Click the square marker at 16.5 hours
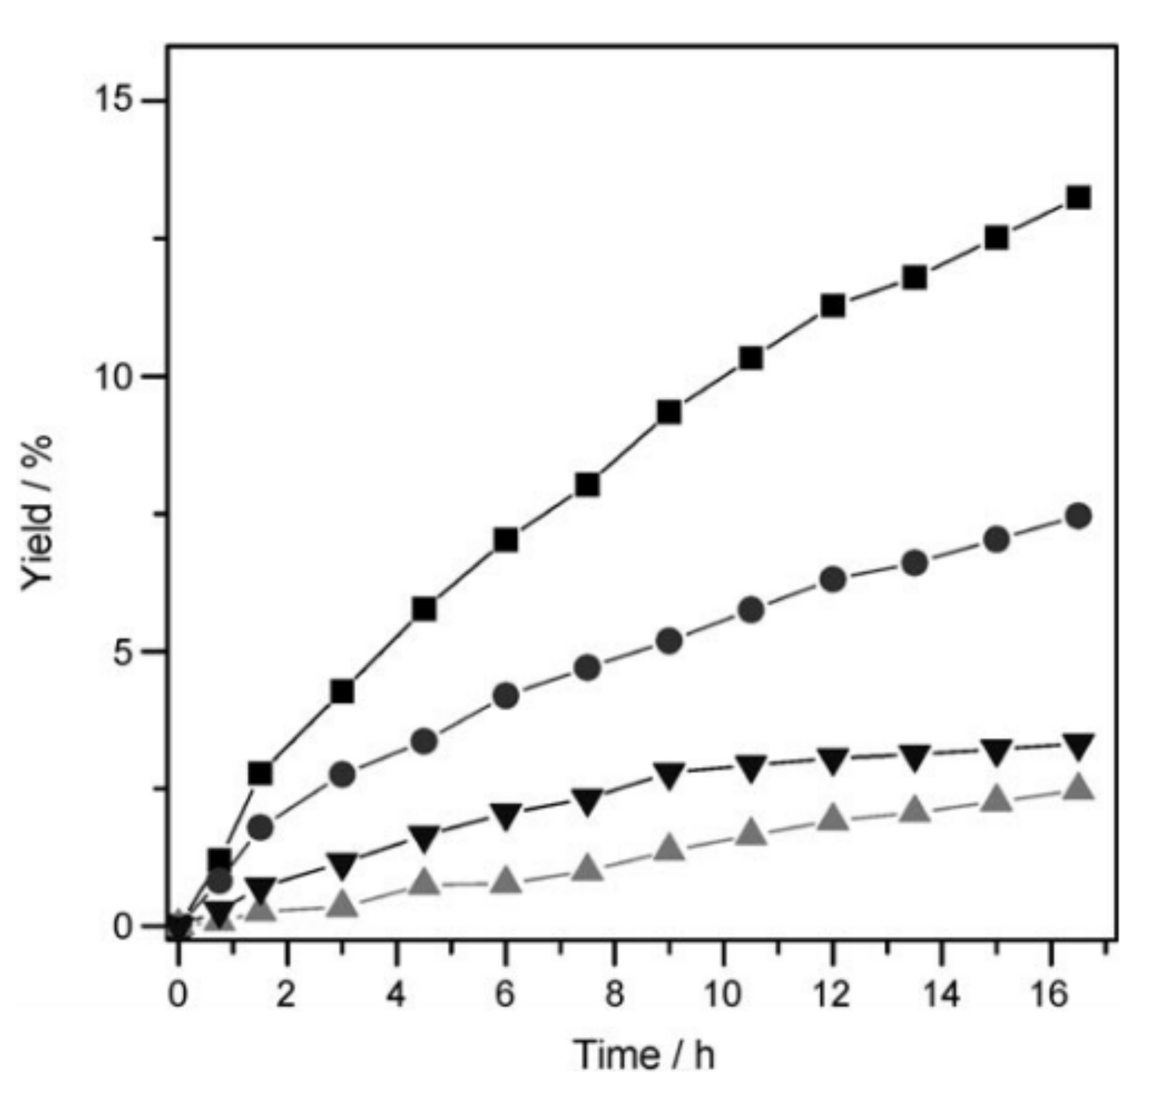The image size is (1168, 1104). (x=1078, y=198)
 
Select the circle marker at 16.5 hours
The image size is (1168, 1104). (x=1078, y=516)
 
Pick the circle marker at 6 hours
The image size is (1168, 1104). (x=505, y=696)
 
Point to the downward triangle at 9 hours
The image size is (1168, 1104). (x=669, y=775)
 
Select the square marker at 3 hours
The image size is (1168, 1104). (x=343, y=692)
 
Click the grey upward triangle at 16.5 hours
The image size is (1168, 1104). (x=1078, y=788)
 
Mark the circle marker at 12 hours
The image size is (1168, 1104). (x=832, y=580)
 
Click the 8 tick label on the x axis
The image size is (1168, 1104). (x=614, y=995)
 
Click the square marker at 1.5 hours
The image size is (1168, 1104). (x=260, y=773)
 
